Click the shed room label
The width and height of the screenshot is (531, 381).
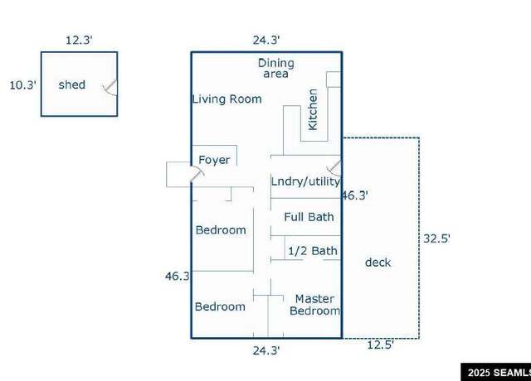point(72,84)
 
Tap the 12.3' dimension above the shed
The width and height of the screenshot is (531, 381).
point(79,40)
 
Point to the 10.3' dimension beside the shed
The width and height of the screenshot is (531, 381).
point(22,84)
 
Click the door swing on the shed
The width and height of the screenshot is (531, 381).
point(110,88)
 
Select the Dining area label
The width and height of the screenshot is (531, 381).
point(276,68)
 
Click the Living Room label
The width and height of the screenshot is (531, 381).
point(227,99)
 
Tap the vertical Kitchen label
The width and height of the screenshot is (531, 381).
point(313,109)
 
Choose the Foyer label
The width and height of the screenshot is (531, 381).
point(214,160)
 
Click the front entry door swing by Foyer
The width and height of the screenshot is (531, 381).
point(197,173)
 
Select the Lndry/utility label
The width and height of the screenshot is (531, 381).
point(305,181)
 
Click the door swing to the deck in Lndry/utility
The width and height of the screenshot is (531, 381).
point(334,168)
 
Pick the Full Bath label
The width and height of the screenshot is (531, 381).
point(309,217)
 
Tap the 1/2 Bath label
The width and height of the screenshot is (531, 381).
point(313,251)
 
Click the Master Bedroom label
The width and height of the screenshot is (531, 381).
point(315,305)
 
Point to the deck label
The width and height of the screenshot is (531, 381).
point(378,263)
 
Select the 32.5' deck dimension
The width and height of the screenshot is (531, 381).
point(437,239)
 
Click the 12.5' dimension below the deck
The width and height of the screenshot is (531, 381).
point(380,345)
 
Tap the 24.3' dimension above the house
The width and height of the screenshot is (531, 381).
point(266,40)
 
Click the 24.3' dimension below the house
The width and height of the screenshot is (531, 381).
point(266,350)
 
